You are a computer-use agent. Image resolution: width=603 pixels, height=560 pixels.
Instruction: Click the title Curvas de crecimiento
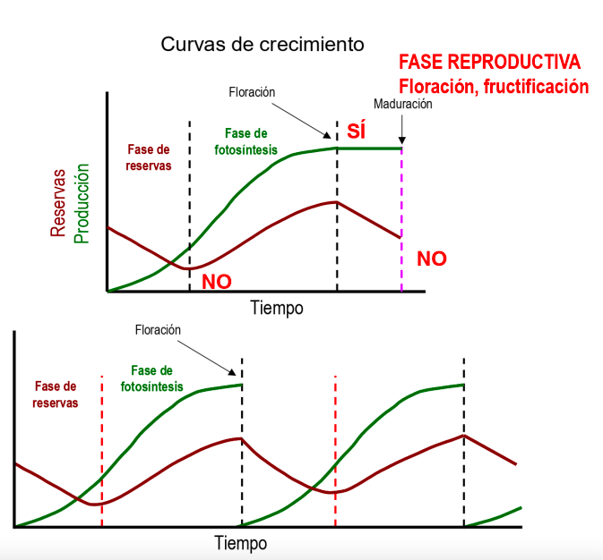coord(263,44)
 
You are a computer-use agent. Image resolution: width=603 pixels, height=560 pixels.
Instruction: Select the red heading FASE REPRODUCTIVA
coord(489,63)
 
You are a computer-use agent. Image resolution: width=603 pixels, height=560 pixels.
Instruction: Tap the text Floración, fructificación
coord(494,86)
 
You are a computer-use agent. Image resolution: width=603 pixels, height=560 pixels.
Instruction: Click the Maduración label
coord(403,104)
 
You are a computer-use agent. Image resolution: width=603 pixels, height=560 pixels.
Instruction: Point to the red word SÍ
coord(357,132)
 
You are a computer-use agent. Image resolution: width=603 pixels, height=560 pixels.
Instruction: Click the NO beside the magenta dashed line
coord(431,259)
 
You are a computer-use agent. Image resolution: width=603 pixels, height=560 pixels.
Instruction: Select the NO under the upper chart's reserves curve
coord(216,281)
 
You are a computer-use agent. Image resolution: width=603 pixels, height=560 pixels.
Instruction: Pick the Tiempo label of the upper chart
coord(276,308)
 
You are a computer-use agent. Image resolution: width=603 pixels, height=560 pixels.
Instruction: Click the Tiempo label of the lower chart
coord(240,542)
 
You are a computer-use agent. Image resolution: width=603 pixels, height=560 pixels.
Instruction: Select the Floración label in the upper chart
coord(252,92)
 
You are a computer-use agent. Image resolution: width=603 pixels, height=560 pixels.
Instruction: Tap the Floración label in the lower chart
coord(159,330)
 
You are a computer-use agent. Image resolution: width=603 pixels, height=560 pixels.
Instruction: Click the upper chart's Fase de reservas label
coord(149,157)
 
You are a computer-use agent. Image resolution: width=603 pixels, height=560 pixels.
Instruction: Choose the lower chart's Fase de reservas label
coord(56,395)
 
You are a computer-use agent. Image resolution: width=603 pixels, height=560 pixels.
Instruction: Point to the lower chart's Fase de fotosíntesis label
coord(151,378)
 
